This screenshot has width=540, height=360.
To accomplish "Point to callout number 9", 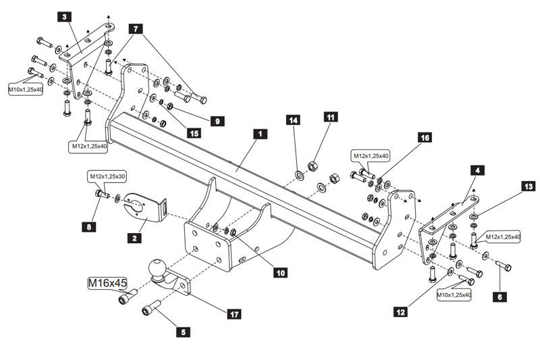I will coord(217,122).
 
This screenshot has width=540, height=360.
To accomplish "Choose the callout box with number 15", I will coord(194,134).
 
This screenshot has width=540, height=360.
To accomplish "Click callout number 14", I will coord(293,120).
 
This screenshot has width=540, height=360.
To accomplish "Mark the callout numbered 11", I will coord(331,117).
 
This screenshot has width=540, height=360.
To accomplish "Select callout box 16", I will coord(424,137).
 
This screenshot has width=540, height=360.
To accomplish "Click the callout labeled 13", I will coord(527,185).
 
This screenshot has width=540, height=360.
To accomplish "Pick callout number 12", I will coord(401,311).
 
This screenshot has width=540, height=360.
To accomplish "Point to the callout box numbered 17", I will coord(234,314).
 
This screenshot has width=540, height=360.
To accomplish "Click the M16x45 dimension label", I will coord(108,282).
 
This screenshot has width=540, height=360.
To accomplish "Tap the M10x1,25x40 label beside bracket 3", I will coord(25,88).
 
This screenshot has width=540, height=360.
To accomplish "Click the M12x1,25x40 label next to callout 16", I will coord(371,156).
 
